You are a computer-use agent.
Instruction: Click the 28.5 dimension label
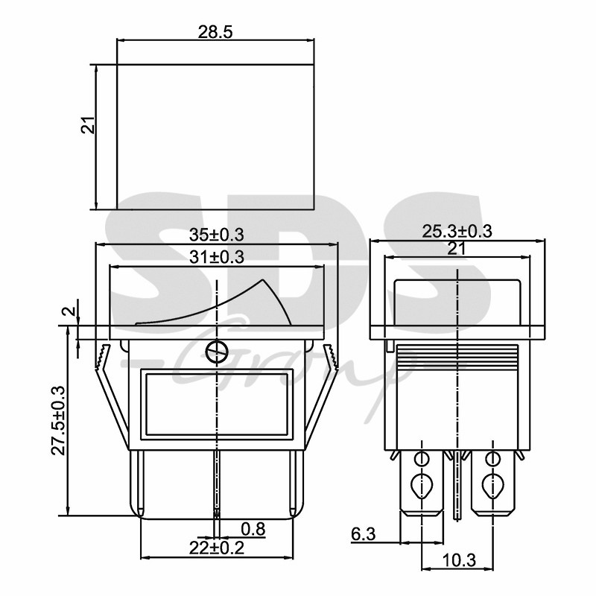click(x=215, y=33)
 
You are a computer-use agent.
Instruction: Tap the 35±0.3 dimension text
click(x=216, y=235)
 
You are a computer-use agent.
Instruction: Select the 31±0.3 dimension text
click(x=216, y=257)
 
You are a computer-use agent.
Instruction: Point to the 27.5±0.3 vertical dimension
click(x=59, y=420)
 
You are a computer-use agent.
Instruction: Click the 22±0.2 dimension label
click(x=216, y=548)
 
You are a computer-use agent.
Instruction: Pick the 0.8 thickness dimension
click(x=253, y=529)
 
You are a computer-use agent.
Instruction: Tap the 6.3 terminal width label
click(x=363, y=534)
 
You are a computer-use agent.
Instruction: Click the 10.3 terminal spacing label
click(x=459, y=560)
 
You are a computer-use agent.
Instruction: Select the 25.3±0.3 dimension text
click(x=457, y=231)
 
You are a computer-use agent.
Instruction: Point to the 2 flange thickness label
click(x=69, y=311)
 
